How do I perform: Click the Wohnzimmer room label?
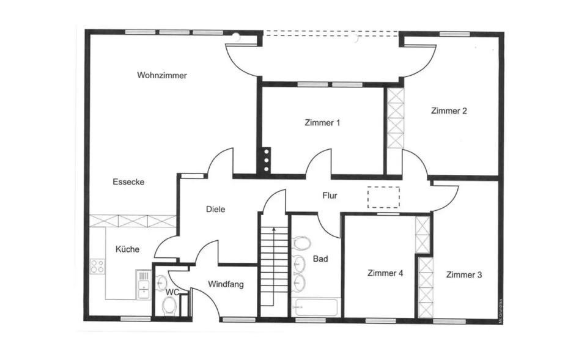click(162, 76)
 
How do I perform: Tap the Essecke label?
click(128, 182)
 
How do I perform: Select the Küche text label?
click(127, 249)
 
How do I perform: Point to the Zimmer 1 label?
click(322, 123)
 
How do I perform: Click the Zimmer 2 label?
click(449, 111)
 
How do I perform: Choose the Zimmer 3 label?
click(463, 275)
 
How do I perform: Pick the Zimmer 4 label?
click(385, 273)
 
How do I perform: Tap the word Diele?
click(215, 209)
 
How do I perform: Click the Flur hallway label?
click(330, 196)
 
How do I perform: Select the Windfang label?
click(226, 284)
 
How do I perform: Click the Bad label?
click(320, 259)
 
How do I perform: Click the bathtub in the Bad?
click(315, 306)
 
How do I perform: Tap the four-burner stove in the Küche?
click(97, 266)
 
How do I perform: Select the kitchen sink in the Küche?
click(143, 284)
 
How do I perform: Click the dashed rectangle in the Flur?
click(383, 197)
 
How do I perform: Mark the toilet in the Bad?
click(301, 243)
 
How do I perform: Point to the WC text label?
click(172, 292)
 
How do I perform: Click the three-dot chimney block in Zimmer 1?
click(266, 160)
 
